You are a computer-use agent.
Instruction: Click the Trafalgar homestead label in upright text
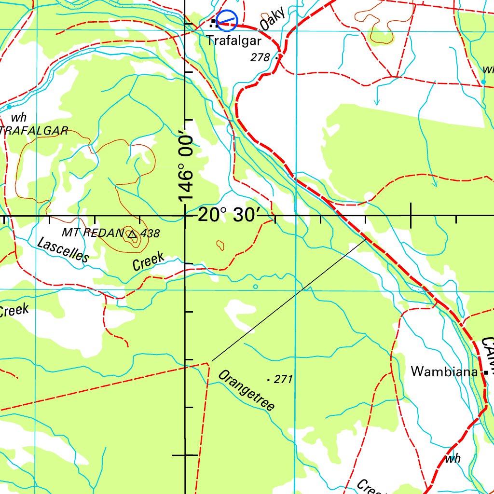click(234, 41)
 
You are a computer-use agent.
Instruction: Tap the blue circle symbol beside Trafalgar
click(227, 20)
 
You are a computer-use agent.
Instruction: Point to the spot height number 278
click(260, 57)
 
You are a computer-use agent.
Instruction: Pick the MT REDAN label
click(93, 233)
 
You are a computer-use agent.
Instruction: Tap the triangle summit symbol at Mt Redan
click(132, 234)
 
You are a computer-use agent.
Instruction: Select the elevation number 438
click(151, 233)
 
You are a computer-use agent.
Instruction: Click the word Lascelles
click(63, 250)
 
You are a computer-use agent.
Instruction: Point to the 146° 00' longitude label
click(185, 168)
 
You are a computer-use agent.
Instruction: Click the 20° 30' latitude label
click(229, 215)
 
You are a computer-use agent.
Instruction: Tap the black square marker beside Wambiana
click(486, 372)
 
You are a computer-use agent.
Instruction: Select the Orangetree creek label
click(246, 391)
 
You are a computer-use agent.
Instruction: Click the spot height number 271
click(283, 379)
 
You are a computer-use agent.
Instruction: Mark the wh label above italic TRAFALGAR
click(19, 117)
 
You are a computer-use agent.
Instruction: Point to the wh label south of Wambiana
click(453, 459)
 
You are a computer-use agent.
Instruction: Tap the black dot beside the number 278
click(276, 58)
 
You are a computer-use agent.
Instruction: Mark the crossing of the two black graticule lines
click(185, 216)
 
